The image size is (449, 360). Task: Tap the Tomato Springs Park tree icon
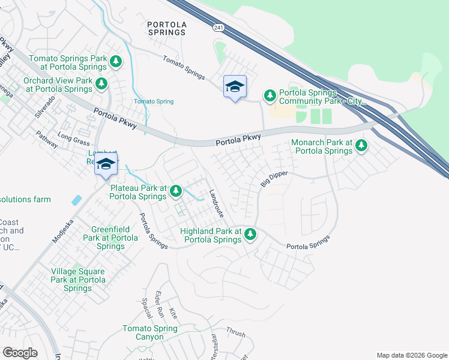(116, 61)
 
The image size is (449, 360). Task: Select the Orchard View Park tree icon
(101, 84)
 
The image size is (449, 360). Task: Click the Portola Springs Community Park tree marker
(270, 95)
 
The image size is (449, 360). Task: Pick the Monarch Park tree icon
(361, 146)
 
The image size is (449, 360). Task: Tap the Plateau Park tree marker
(176, 191)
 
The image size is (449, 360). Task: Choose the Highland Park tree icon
(250, 235)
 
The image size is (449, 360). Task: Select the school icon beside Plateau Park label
(106, 164)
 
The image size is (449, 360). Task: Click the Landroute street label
(215, 203)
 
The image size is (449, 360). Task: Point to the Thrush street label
(236, 331)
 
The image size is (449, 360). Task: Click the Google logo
(20, 353)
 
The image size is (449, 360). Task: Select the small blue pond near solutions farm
(76, 200)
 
